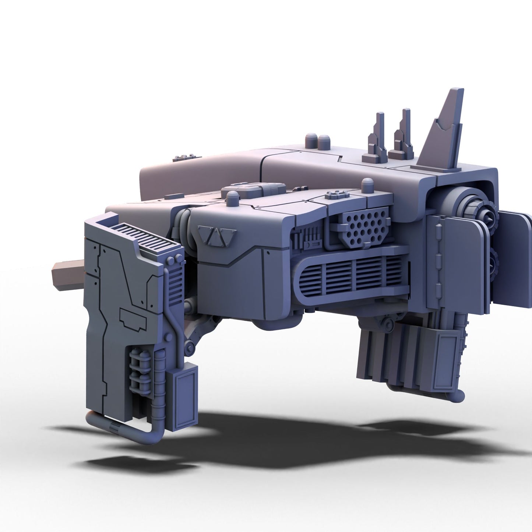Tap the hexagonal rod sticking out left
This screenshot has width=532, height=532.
(x=68, y=272)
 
